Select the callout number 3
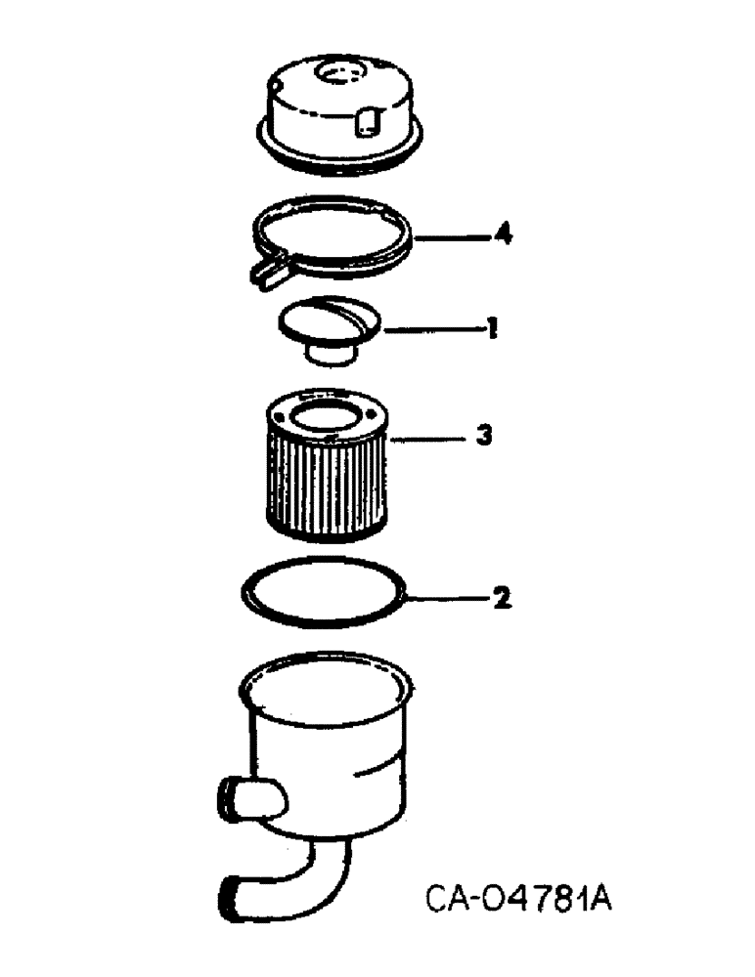pos(481,437)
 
